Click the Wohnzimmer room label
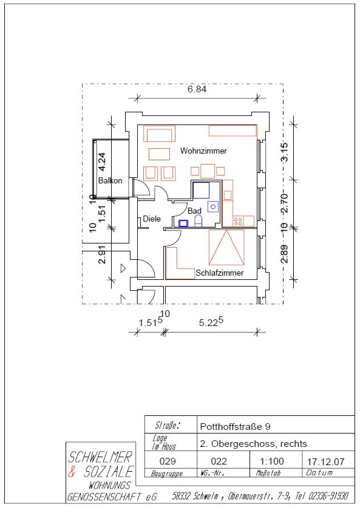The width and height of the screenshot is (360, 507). tap(203, 151)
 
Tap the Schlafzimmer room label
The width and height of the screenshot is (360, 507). tap(220, 273)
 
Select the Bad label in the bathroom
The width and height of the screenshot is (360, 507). tap(194, 211)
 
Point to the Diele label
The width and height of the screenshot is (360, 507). tap(152, 219)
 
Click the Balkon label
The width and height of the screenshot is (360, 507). tap(110, 180)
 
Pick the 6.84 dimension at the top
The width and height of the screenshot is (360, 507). tap(197, 89)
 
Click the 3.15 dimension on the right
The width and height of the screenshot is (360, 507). tap(284, 152)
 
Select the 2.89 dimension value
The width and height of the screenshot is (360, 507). tap(284, 254)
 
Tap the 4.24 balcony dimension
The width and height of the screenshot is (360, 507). tap(103, 162)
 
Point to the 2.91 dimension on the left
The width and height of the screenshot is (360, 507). tap(103, 254)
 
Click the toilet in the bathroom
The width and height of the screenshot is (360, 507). tap(199, 221)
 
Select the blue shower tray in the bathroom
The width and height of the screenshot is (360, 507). tap(201, 190)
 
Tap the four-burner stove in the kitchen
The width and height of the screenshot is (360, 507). tap(238, 221)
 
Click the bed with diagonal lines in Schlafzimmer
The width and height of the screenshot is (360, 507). tap(226, 247)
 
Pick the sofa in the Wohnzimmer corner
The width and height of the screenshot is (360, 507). tap(159, 134)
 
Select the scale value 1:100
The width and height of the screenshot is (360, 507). tap(272, 461)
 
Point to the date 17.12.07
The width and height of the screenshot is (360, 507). tap(326, 461)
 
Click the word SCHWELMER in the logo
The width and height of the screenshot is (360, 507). tap(101, 457)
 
